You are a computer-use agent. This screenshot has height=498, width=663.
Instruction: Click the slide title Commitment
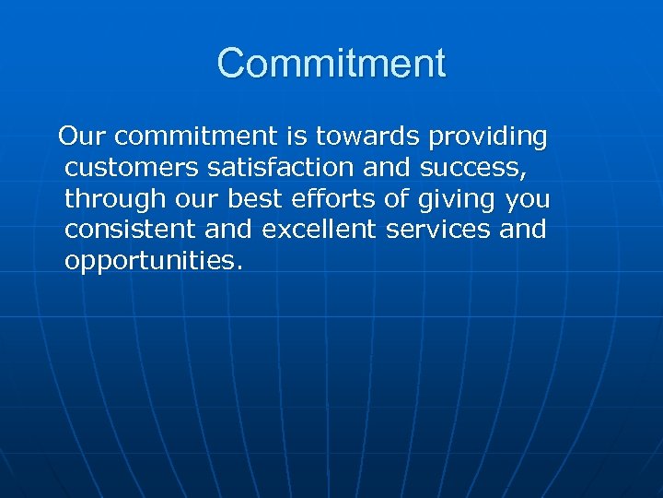331,64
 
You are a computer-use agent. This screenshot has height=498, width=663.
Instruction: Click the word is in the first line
296,137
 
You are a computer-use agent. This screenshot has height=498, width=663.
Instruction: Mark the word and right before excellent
231,229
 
